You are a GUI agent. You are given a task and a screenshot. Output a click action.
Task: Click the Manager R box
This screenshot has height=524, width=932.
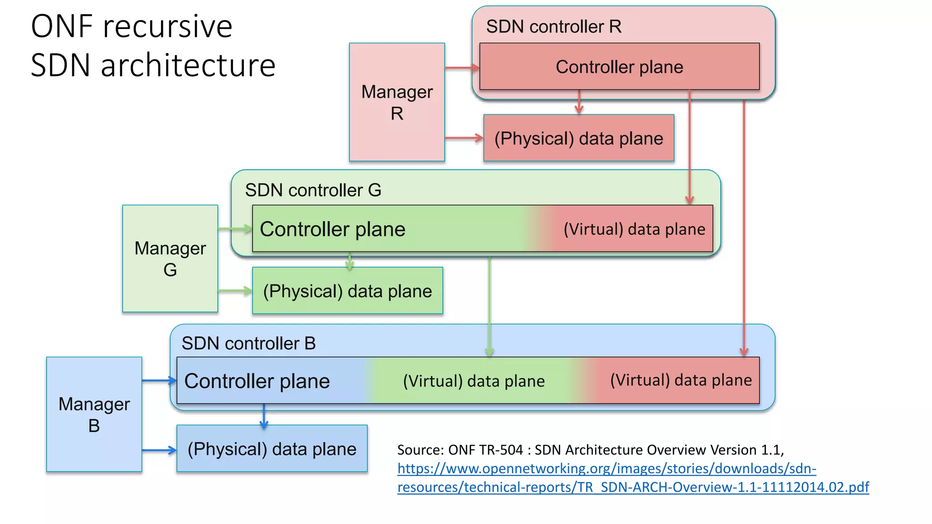396,102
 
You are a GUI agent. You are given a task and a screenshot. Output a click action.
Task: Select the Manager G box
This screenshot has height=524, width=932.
170,258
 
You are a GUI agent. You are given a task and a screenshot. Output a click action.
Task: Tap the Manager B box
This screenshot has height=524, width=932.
94,414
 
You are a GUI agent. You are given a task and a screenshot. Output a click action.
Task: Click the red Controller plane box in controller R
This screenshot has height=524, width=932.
619,67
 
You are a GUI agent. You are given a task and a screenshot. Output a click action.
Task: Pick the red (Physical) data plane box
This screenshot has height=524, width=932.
578,138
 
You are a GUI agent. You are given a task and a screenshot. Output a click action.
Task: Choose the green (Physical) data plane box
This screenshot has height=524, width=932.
347,291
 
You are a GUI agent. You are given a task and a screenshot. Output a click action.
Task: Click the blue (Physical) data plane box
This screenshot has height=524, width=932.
272,449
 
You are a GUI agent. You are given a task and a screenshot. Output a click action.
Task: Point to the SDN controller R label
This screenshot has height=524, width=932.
553,26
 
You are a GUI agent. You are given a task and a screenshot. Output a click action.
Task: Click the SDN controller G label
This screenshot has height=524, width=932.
313,190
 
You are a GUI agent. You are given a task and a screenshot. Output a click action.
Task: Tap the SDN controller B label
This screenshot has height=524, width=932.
248,343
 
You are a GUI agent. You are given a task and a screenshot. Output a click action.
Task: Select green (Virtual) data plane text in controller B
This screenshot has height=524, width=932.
474,381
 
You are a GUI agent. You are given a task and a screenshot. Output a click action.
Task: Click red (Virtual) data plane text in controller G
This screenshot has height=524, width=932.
634,229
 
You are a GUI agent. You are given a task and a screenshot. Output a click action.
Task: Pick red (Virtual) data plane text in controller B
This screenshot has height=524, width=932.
681,380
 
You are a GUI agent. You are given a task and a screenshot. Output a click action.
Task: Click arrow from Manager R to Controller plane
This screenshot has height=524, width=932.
461,68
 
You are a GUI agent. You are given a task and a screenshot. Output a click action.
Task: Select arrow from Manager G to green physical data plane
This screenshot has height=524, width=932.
235,291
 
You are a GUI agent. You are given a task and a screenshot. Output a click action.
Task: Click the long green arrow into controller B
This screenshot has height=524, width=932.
489,305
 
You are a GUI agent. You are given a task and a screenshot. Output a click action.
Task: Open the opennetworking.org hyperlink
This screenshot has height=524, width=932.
606,469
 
